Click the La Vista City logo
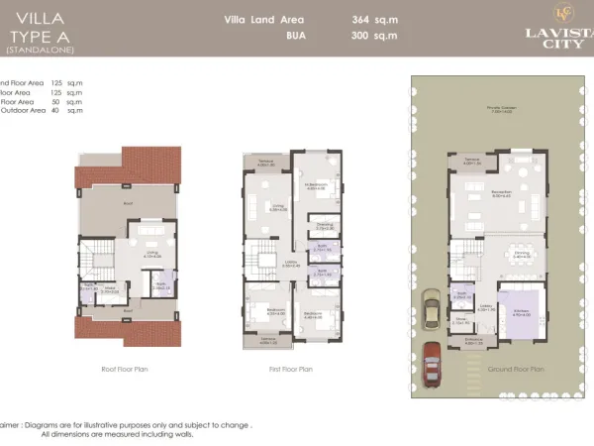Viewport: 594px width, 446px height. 548,25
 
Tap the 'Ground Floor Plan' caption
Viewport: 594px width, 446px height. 516,369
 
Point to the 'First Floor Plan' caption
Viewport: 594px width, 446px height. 291,369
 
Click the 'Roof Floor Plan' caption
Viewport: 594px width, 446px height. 124,369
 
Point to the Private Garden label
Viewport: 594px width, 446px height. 501,107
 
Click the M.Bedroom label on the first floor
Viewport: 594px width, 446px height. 316,184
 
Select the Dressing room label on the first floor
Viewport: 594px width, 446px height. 324,225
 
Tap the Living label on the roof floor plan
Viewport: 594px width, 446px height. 153,253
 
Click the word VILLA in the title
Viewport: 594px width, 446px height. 28,16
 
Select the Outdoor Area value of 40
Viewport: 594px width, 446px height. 56,110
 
